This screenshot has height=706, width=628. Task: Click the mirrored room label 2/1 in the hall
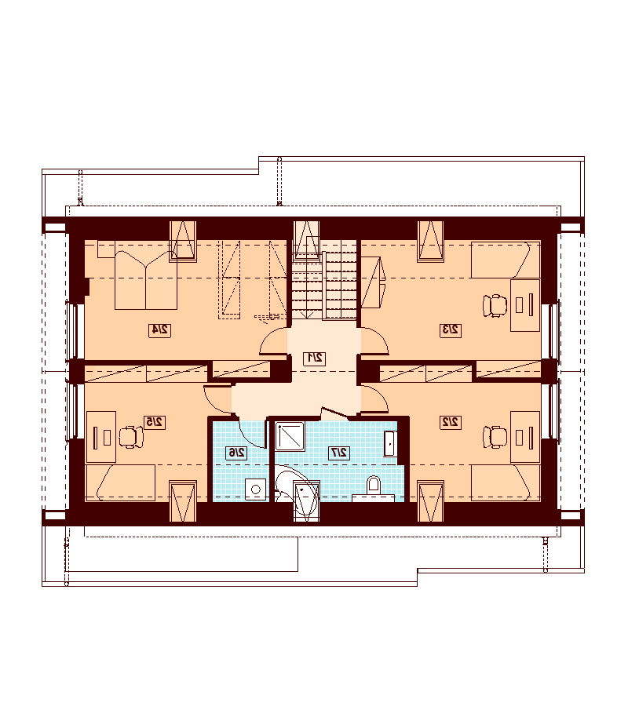point(315,358)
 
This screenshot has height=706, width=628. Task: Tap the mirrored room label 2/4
point(160,330)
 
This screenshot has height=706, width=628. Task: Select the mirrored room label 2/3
point(451,330)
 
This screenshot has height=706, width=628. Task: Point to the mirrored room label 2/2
point(451,422)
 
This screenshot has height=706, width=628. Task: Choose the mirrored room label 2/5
point(154,422)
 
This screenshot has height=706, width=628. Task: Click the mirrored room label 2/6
point(236,453)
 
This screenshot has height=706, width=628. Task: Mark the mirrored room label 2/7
point(339,453)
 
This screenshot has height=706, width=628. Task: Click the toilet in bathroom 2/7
point(374,485)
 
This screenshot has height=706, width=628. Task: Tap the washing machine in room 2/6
point(256,489)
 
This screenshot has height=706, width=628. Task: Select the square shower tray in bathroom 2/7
point(289,435)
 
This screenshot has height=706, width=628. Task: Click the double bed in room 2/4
point(145,280)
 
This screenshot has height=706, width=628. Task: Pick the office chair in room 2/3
point(495,306)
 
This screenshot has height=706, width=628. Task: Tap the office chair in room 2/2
point(495,437)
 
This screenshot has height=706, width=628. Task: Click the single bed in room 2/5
point(126,482)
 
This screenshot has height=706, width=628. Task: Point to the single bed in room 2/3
point(506,260)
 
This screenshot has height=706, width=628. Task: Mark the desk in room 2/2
point(525,436)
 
